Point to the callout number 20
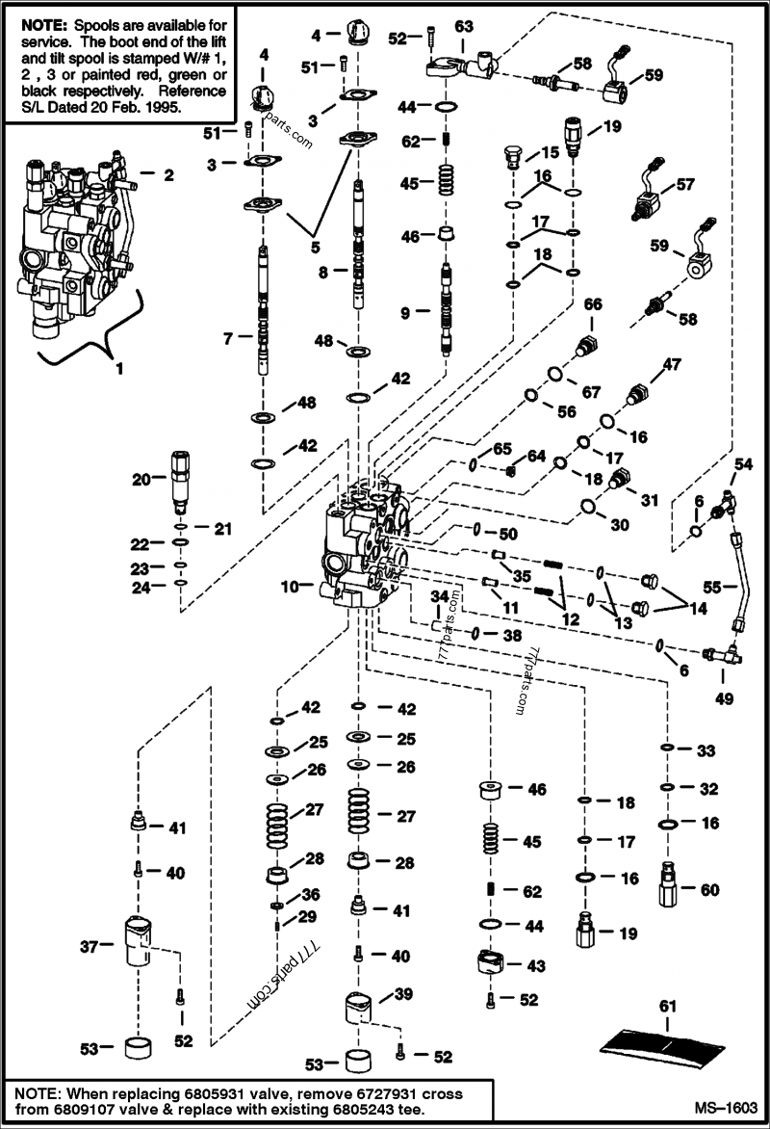pos(141,479)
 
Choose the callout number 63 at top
pos(464,25)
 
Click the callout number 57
pos(684,183)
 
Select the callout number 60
pos(709,891)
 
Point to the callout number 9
pos(406,312)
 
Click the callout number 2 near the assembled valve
pos(168,175)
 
